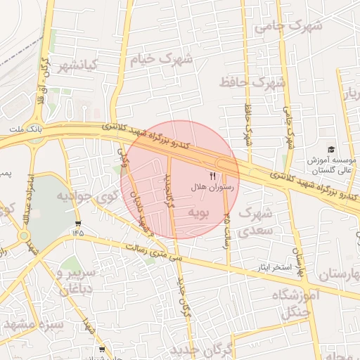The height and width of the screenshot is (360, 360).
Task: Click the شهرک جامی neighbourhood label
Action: (x=288, y=27)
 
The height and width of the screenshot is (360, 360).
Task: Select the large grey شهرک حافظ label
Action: (x=253, y=82)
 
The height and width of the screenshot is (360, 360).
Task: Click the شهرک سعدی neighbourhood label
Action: (x=255, y=221)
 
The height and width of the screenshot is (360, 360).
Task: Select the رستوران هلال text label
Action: (x=212, y=188)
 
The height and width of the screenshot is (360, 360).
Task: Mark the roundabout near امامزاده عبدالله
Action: (x=23, y=237)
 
